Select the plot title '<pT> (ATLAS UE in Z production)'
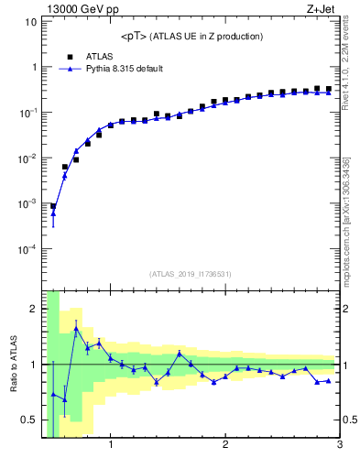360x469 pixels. [191, 37]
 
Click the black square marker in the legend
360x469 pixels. [70, 56]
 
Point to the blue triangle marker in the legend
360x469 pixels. [70, 69]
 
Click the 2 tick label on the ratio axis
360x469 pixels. [33, 309]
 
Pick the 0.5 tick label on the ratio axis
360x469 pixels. [29, 420]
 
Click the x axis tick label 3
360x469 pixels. [340, 446]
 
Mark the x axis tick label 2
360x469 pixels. [225, 446]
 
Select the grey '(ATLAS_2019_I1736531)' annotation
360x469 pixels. [191, 274]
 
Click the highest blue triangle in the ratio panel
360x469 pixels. [76, 328]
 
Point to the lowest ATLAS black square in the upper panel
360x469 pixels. [53, 207]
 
